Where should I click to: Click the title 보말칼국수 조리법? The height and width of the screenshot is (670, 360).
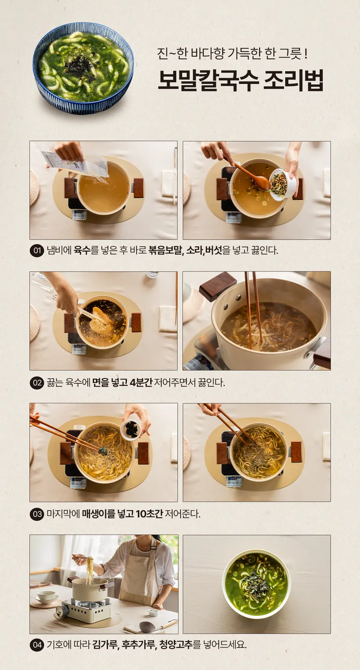pos(240,81)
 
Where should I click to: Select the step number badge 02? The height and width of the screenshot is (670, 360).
pos(37,383)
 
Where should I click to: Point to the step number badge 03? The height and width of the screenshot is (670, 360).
pos(37,514)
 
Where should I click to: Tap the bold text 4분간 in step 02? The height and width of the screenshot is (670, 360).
pos(141,383)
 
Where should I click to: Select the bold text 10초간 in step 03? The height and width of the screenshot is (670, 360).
pos(149,514)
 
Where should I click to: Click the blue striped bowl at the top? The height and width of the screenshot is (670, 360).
pos(83,68)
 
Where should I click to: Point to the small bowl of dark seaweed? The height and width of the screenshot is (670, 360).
pos(130,430)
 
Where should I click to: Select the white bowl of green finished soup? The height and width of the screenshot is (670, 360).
pos(256,581)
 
